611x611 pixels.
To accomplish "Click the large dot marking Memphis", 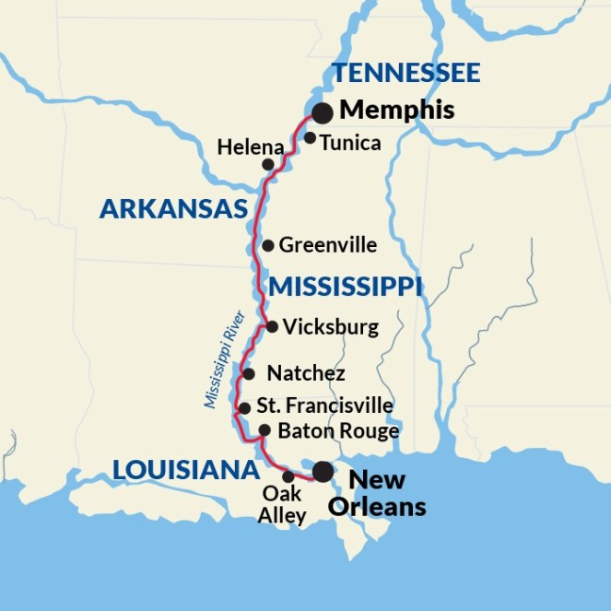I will [x=323, y=113].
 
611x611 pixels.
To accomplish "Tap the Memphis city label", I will [x=396, y=111].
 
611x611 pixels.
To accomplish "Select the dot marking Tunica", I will [x=311, y=138].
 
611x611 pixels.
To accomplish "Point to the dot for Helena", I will [x=268, y=164].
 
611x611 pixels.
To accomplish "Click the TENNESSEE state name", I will [x=405, y=73].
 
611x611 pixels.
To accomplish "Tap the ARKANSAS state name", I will [x=174, y=209].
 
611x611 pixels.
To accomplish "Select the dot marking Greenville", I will [x=267, y=245].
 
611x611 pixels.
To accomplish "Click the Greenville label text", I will [x=327, y=245].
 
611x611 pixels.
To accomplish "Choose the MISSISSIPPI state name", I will [x=346, y=288].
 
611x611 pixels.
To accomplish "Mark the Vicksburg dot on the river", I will [x=272, y=326].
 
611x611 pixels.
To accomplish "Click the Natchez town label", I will [x=305, y=373].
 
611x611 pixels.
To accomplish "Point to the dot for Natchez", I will [x=249, y=374].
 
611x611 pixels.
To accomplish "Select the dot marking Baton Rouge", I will [x=264, y=430].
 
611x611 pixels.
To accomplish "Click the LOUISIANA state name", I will [x=185, y=470].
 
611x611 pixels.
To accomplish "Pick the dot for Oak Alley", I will [x=288, y=476].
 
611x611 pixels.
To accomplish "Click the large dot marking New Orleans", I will [x=323, y=472].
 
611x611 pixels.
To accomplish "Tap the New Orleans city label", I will [x=387, y=493].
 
